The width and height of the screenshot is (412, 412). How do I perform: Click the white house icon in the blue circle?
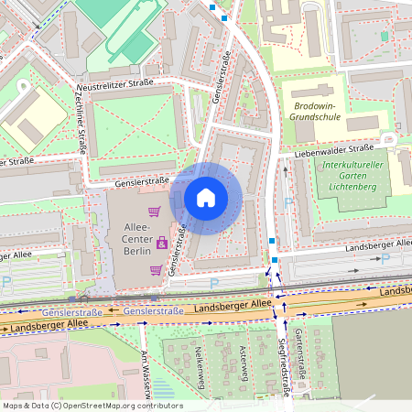click(x=206, y=198)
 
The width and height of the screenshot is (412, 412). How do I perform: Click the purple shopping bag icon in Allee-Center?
click(x=162, y=243)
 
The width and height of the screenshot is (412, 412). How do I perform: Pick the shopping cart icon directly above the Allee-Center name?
click(x=155, y=212)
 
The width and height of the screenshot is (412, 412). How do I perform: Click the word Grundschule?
click(x=314, y=117)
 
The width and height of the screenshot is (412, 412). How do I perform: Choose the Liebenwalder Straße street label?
click(x=334, y=148)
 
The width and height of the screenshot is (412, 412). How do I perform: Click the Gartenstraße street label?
click(x=299, y=355)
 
